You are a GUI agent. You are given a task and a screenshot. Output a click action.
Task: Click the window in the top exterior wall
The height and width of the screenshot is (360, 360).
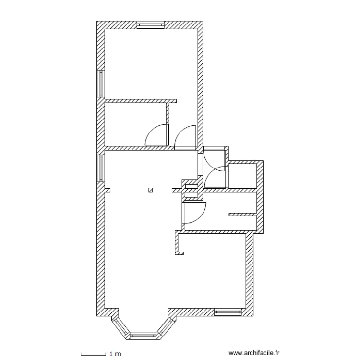[151, 25]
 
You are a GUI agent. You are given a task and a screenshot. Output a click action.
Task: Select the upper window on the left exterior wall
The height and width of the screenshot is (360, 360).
[101, 84]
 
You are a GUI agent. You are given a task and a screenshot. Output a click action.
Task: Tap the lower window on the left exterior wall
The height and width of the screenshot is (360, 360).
[101, 168]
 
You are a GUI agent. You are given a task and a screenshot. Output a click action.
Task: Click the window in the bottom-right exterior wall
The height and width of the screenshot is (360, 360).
[228, 312]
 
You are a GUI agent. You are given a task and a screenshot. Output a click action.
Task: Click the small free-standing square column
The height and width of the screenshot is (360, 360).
[151, 190]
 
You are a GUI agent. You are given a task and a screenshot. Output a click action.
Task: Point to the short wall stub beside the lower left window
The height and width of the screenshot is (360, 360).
[108, 190]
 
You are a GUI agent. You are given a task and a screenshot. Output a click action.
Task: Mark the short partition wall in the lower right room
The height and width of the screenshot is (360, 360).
[242, 214]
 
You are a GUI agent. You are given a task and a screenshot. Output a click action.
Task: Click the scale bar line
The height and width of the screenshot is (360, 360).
[93, 354]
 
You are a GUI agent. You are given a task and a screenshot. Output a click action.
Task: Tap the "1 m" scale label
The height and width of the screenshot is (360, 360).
[115, 354]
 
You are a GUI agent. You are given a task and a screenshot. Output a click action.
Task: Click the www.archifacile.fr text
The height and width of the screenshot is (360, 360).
[254, 353]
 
